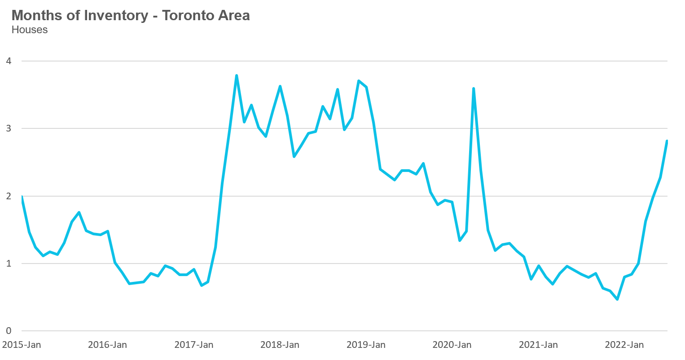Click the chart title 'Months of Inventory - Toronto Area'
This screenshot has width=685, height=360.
(130, 15)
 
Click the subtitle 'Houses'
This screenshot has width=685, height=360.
(30, 30)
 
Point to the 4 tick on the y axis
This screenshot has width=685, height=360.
(9, 61)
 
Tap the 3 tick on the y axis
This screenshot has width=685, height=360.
(9, 128)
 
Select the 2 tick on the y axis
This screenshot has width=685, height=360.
(9, 196)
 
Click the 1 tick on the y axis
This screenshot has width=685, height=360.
(9, 263)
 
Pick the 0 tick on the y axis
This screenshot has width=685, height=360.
(9, 331)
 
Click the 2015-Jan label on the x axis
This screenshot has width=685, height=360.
(21, 345)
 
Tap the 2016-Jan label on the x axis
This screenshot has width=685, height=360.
(107, 345)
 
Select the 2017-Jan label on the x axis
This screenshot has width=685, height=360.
(193, 345)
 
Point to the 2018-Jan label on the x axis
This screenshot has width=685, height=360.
(280, 345)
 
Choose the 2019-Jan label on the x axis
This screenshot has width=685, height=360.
(366, 345)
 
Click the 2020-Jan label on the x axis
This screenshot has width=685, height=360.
(452, 345)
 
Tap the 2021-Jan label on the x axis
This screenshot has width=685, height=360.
(538, 345)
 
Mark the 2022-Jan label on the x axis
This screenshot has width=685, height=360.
(624, 345)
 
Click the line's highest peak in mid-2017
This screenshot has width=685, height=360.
(237, 75)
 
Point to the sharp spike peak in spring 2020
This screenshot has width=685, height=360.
(474, 88)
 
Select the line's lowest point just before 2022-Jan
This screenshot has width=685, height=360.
(617, 299)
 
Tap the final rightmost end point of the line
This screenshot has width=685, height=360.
(667, 141)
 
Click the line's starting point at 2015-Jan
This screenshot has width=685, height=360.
(22, 197)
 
